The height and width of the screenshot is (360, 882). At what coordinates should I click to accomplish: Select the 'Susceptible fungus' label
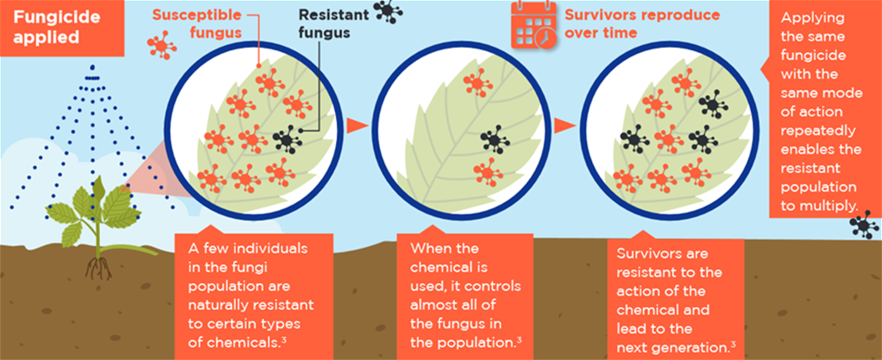coord(197,24)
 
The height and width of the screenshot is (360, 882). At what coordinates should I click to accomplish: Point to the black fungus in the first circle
coord(288,139)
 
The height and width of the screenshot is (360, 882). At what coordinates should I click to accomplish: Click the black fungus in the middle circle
coord(495,139)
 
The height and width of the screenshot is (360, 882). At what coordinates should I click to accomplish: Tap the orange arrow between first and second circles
coord(356,126)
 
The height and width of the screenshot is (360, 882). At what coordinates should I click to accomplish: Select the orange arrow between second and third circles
coord(564,126)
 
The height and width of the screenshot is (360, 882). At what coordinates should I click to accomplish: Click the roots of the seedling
coord(99,267)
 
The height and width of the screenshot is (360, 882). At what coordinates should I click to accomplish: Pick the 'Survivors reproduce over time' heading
coord(642,24)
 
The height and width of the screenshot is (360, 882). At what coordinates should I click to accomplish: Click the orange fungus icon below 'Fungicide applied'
coord(161,45)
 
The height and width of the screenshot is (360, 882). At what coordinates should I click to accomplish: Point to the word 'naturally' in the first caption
coord(218,306)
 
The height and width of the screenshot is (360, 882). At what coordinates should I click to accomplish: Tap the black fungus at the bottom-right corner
coord(864,225)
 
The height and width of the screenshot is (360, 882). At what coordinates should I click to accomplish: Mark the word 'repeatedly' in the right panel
coord(818,131)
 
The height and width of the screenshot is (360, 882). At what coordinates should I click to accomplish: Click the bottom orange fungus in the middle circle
coord(487,171)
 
